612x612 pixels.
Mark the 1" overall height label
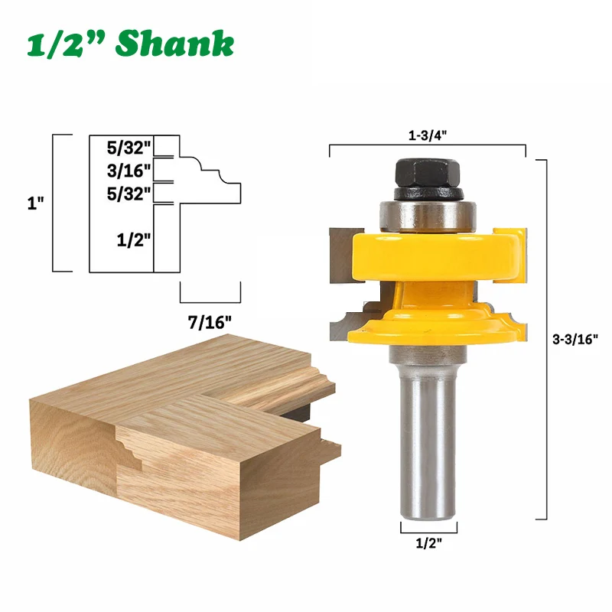click(x=35, y=203)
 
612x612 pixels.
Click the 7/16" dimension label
click(x=210, y=323)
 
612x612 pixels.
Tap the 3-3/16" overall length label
click(x=575, y=339)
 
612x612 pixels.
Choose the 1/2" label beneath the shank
click(x=428, y=543)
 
